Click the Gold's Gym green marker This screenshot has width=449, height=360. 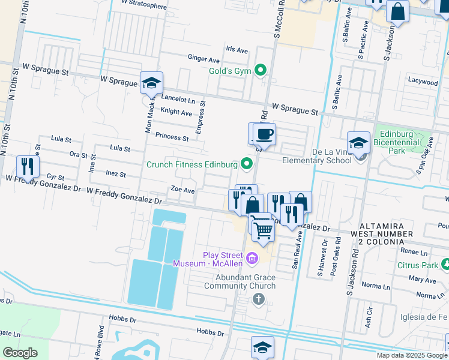(x=260, y=71)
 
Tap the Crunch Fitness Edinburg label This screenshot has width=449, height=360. (x=192, y=164)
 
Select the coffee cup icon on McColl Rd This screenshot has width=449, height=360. (x=264, y=134)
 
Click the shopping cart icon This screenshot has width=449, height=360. (x=262, y=227)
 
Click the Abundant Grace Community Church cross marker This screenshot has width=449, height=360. (x=259, y=298)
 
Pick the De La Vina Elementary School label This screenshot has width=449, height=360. (x=316, y=156)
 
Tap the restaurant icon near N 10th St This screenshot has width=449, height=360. (x=27, y=166)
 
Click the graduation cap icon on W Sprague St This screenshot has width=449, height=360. (x=151, y=84)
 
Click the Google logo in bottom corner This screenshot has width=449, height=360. (x=20, y=352)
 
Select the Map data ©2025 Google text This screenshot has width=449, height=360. (x=412, y=355)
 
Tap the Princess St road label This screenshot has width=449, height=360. (x=172, y=137)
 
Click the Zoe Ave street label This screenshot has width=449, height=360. (x=182, y=190)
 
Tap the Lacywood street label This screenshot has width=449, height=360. (x=423, y=82)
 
